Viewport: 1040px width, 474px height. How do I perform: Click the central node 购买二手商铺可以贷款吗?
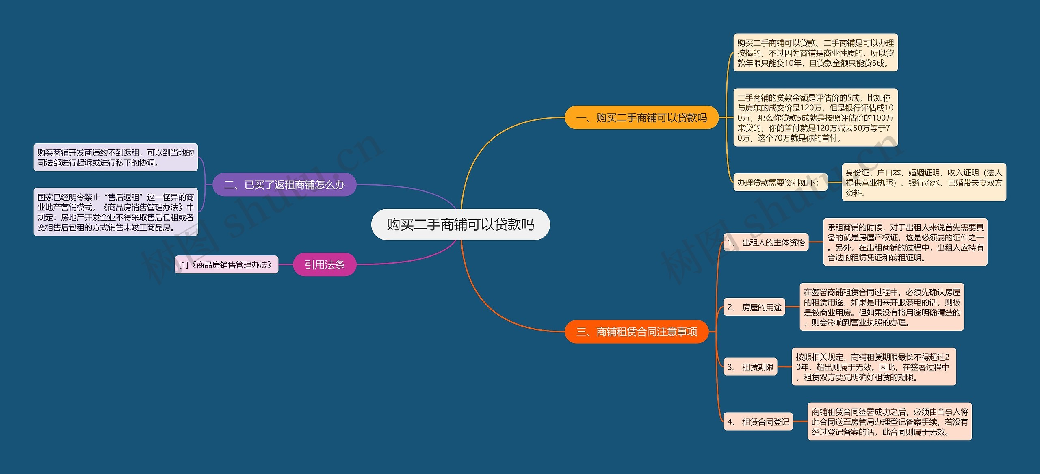pos(460,224)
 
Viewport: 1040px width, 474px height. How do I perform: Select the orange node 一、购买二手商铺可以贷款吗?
pos(641,117)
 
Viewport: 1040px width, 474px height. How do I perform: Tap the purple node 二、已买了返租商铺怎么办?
pos(284,185)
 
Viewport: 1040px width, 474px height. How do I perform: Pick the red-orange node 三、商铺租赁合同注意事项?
pos(637,332)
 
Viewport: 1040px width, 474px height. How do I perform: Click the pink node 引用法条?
pos(325,264)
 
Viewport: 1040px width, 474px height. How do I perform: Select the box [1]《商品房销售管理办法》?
pos(226,265)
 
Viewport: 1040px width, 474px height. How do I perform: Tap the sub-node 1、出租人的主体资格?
pos(766,242)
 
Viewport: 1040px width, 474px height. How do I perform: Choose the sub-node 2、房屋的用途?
pos(754,307)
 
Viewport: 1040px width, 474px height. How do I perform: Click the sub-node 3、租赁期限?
pos(750,367)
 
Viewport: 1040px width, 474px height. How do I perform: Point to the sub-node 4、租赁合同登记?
pos(758,422)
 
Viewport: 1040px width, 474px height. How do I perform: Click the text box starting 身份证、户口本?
pos(924,182)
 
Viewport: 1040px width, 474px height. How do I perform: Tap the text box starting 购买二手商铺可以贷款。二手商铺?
pos(816,53)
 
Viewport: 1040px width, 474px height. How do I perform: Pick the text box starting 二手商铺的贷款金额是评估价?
pos(816,117)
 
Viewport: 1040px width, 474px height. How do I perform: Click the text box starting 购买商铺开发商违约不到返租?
pos(116,157)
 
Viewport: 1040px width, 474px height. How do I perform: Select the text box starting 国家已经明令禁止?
pos(116,212)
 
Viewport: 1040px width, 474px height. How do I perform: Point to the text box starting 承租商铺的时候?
pos(906,242)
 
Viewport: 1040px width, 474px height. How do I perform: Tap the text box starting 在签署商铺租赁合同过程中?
pos(882,307)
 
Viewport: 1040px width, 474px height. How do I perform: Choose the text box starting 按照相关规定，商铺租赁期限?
pos(874,367)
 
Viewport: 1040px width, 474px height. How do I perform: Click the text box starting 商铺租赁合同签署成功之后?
pos(890,422)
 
